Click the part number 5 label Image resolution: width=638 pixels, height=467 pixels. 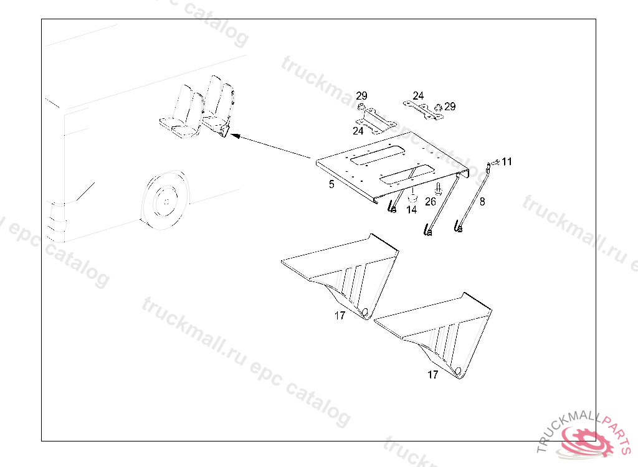click(x=331, y=184)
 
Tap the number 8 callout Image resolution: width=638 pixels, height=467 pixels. click(x=482, y=201)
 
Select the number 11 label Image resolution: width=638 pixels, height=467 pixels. click(x=507, y=162)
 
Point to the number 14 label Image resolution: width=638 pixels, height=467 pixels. click(x=411, y=210)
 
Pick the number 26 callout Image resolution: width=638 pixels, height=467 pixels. click(x=431, y=201)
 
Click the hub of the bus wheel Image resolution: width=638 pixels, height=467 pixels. click(x=164, y=202)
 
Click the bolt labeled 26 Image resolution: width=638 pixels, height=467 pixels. click(x=438, y=188)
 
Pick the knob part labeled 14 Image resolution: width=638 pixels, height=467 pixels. click(x=412, y=196)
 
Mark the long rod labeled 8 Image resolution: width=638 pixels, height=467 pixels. click(x=474, y=198)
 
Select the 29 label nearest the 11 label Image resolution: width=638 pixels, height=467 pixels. click(x=450, y=106)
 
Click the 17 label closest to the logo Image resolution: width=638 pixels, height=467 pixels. click(x=432, y=375)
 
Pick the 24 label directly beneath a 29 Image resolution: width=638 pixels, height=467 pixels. click(x=358, y=131)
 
